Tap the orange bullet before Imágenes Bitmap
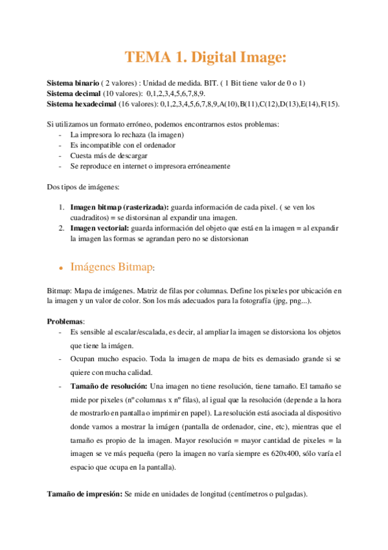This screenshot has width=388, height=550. [x=60, y=267]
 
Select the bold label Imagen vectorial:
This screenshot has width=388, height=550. [x=100, y=228]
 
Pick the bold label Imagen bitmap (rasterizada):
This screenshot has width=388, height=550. [x=119, y=208]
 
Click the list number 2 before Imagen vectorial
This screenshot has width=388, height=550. [x=62, y=228]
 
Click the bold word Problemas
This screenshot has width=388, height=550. [x=65, y=321]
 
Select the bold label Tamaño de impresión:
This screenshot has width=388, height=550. [x=85, y=494]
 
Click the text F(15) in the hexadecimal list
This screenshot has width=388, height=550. [x=332, y=104]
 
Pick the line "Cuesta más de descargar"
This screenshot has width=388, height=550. [x=109, y=156]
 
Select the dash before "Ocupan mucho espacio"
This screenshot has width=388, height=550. [x=60, y=359]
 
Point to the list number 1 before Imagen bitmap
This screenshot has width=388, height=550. [x=62, y=208]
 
